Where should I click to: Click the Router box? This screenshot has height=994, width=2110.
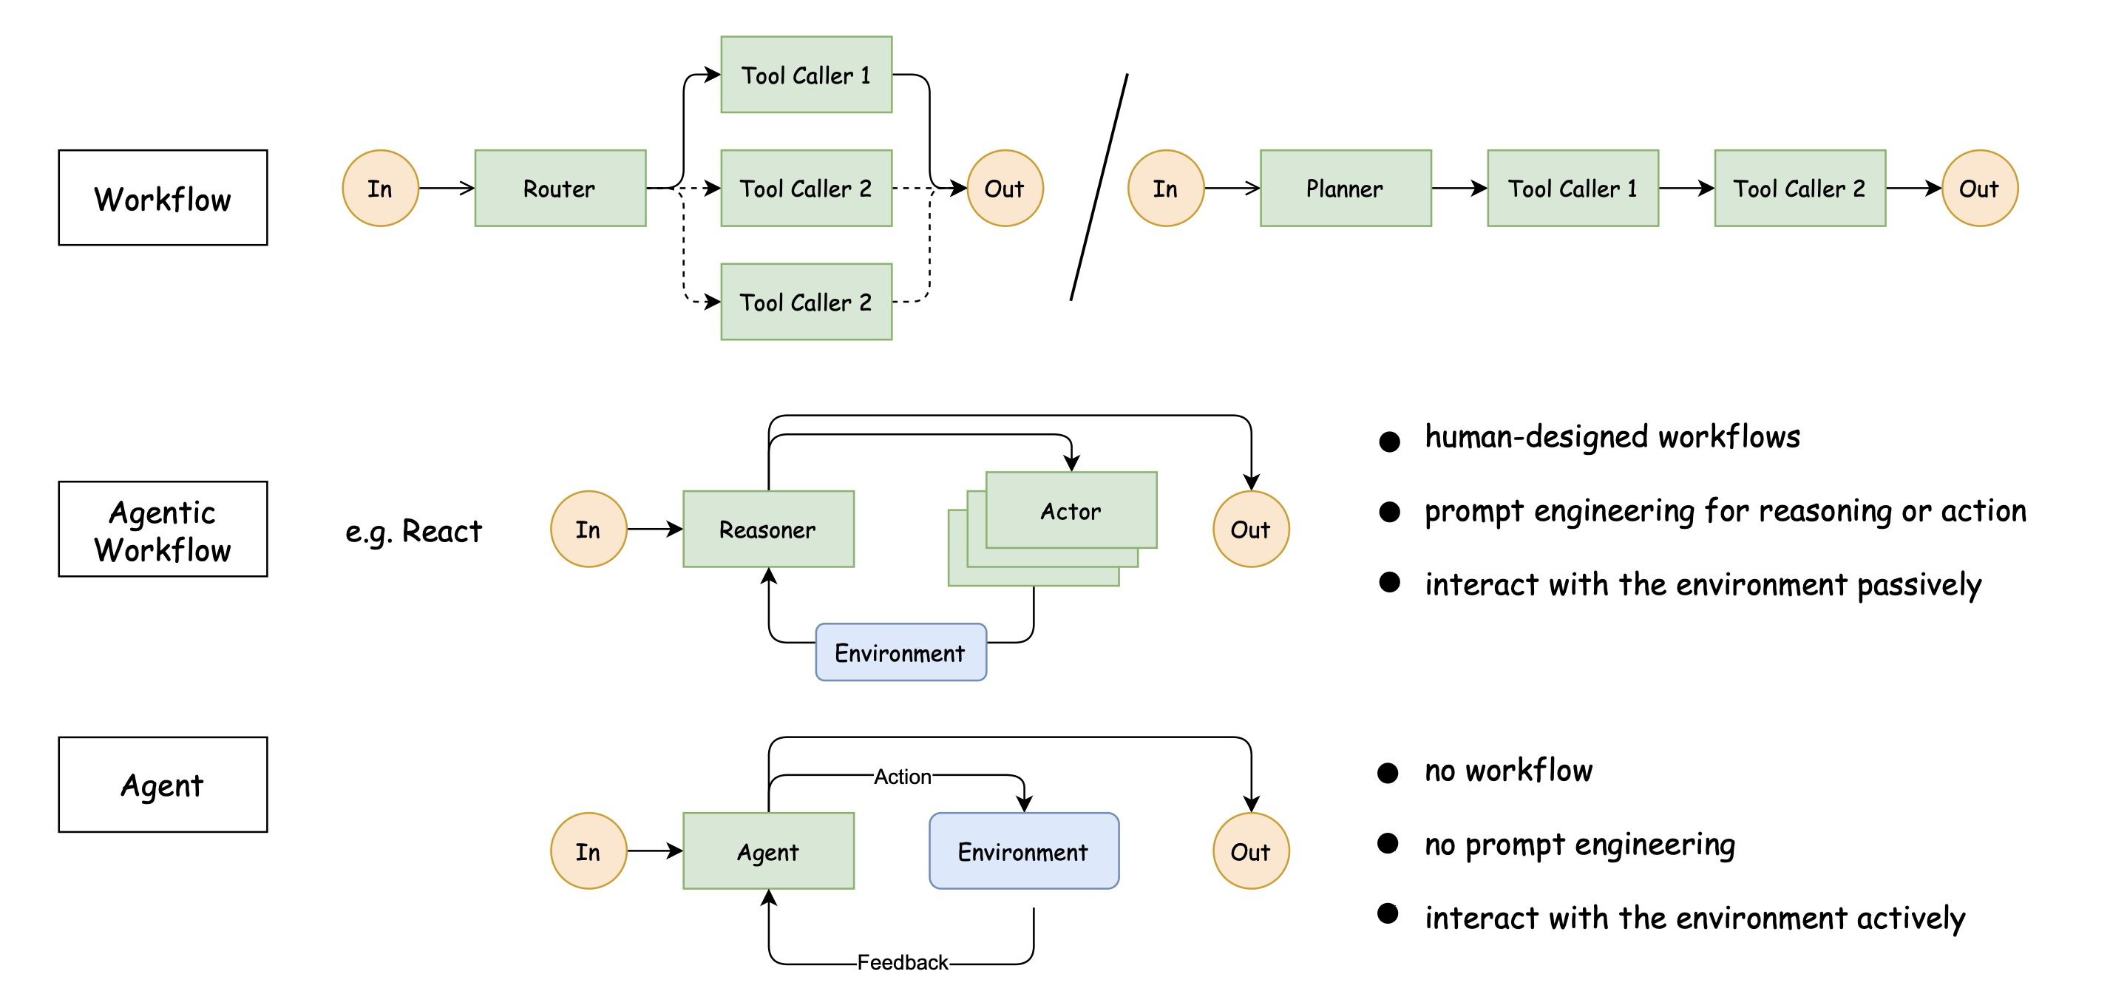[x=560, y=189]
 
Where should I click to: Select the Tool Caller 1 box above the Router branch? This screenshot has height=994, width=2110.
[x=805, y=75]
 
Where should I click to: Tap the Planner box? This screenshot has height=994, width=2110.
[x=1345, y=189]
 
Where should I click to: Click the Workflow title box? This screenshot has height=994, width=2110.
[x=162, y=197]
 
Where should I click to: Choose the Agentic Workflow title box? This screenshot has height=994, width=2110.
[x=162, y=530]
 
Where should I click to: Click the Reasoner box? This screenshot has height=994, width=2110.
[x=767, y=530]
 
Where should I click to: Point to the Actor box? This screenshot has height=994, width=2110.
[x=1071, y=510]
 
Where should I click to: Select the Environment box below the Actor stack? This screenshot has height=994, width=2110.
[x=900, y=652]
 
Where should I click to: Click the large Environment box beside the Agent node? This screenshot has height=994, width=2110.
[x=1023, y=851]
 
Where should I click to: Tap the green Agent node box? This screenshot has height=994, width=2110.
[x=767, y=851]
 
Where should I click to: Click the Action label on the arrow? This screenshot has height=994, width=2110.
[x=902, y=776]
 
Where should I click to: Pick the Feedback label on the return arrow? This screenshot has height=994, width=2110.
[x=902, y=962]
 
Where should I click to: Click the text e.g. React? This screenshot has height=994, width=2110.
[x=413, y=531]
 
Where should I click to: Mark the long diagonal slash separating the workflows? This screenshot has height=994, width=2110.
[x=1099, y=187]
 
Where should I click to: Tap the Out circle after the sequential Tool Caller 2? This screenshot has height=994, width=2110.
[x=1979, y=189]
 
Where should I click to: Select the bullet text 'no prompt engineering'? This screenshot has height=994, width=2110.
[x=1579, y=844]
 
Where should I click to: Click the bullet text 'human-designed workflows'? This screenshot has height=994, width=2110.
[x=1612, y=437]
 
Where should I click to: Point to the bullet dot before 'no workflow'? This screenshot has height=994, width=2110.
[x=1388, y=773]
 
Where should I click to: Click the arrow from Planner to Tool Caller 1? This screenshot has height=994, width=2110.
[x=1458, y=189]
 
